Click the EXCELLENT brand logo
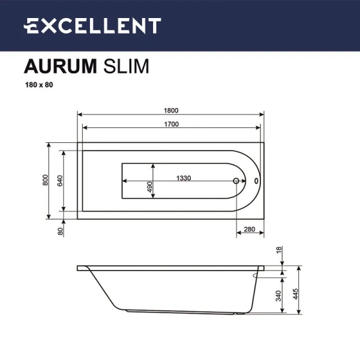tap(92, 26)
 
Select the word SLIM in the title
tap(126, 65)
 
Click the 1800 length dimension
tap(172, 110)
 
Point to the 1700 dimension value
tap(172, 124)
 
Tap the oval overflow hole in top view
tap(256, 180)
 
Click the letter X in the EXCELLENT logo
tap(49, 26)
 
